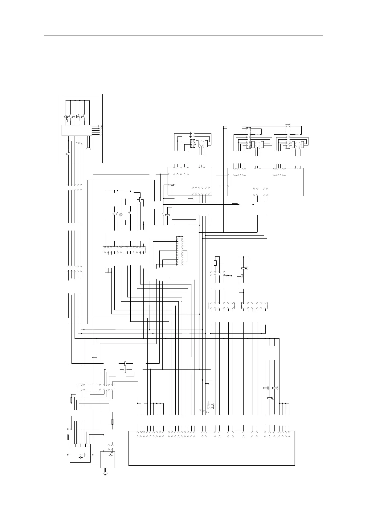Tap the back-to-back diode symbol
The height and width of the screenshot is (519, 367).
coord(228,275)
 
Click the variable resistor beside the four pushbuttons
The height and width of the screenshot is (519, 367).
coord(66,118)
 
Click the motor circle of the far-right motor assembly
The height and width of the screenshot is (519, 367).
coord(298,145)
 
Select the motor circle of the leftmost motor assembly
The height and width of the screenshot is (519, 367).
coord(201,143)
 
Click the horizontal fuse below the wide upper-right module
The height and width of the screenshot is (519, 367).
coord(235,204)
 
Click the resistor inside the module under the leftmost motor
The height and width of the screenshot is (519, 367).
coord(173,185)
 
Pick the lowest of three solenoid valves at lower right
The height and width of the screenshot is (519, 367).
coord(270,398)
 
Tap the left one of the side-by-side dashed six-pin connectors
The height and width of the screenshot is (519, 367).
coord(222,305)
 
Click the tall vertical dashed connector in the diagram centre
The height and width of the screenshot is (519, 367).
coord(180,251)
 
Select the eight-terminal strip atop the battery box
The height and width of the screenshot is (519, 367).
coord(80,445)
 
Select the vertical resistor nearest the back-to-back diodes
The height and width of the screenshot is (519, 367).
coord(215,263)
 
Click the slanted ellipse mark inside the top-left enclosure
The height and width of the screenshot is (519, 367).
coord(80,144)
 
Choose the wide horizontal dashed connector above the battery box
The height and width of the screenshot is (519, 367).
coord(95,387)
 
